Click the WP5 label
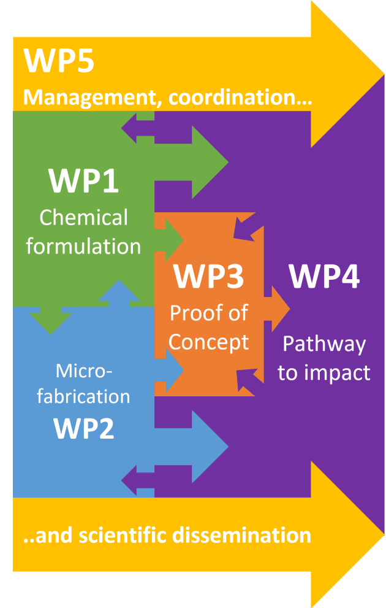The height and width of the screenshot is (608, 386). click(x=59, y=61)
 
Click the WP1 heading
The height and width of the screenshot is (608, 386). click(x=83, y=180)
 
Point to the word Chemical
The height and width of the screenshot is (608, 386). click(x=83, y=217)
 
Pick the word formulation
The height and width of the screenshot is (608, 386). click(x=83, y=246)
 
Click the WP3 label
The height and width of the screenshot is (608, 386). click(x=209, y=276)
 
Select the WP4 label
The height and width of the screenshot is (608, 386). click(x=325, y=276)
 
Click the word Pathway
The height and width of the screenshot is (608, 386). click(x=325, y=344)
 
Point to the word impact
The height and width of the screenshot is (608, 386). click(x=337, y=374)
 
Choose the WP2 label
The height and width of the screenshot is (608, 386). click(x=83, y=428)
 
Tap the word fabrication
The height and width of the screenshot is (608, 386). click(x=83, y=397)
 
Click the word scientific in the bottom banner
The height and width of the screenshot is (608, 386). click(x=123, y=535)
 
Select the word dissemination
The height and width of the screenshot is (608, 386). click(x=241, y=535)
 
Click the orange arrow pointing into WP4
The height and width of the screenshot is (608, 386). click(x=276, y=309)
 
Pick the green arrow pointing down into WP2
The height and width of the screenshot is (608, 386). click(x=51, y=320)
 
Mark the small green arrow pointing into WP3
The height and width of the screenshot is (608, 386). click(x=169, y=240)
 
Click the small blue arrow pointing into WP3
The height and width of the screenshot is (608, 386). click(x=169, y=371)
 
